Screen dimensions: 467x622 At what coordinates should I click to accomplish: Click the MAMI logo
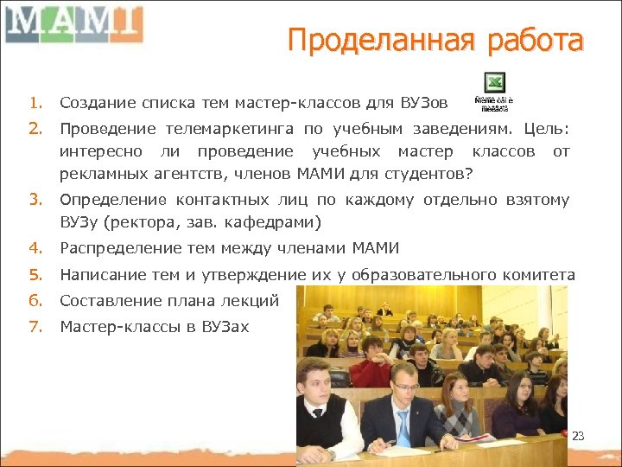pos(73,23)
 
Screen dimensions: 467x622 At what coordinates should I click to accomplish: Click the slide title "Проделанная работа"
pos(435,41)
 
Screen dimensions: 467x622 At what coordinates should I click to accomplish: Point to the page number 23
pos(579,436)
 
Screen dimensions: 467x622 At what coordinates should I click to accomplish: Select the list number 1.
pos(34,104)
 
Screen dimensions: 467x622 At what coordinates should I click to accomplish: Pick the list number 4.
pos(34,249)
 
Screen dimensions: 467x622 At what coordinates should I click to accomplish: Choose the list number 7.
pos(34,327)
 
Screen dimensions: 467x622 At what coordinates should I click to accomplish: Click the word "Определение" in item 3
pos(108,201)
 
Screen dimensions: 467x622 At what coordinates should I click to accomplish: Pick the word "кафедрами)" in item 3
pos(277,223)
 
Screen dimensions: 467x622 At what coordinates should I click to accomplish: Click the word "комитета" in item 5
pos(537,275)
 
